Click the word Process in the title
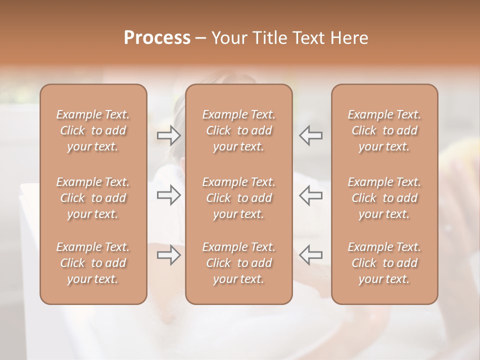pyautogui.click(x=157, y=38)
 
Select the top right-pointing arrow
pyautogui.click(x=168, y=135)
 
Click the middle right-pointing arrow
pyautogui.click(x=168, y=195)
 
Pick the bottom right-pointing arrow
pyautogui.click(x=168, y=255)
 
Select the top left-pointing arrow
pyautogui.click(x=310, y=135)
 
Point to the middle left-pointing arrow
pyautogui.click(x=310, y=195)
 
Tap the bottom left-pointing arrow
pyautogui.click(x=310, y=255)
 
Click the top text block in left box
pyautogui.click(x=93, y=130)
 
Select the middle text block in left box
pyautogui.click(x=93, y=198)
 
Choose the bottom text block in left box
pyautogui.click(x=93, y=263)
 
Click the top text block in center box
pyautogui.click(x=239, y=130)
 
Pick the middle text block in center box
pyautogui.click(x=239, y=198)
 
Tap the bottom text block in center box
pyautogui.click(x=239, y=263)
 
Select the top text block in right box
pyautogui.click(x=384, y=130)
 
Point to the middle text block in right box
pyautogui.click(x=384, y=198)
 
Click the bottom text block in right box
pyautogui.click(x=384, y=263)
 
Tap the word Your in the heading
pyautogui.click(x=228, y=38)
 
